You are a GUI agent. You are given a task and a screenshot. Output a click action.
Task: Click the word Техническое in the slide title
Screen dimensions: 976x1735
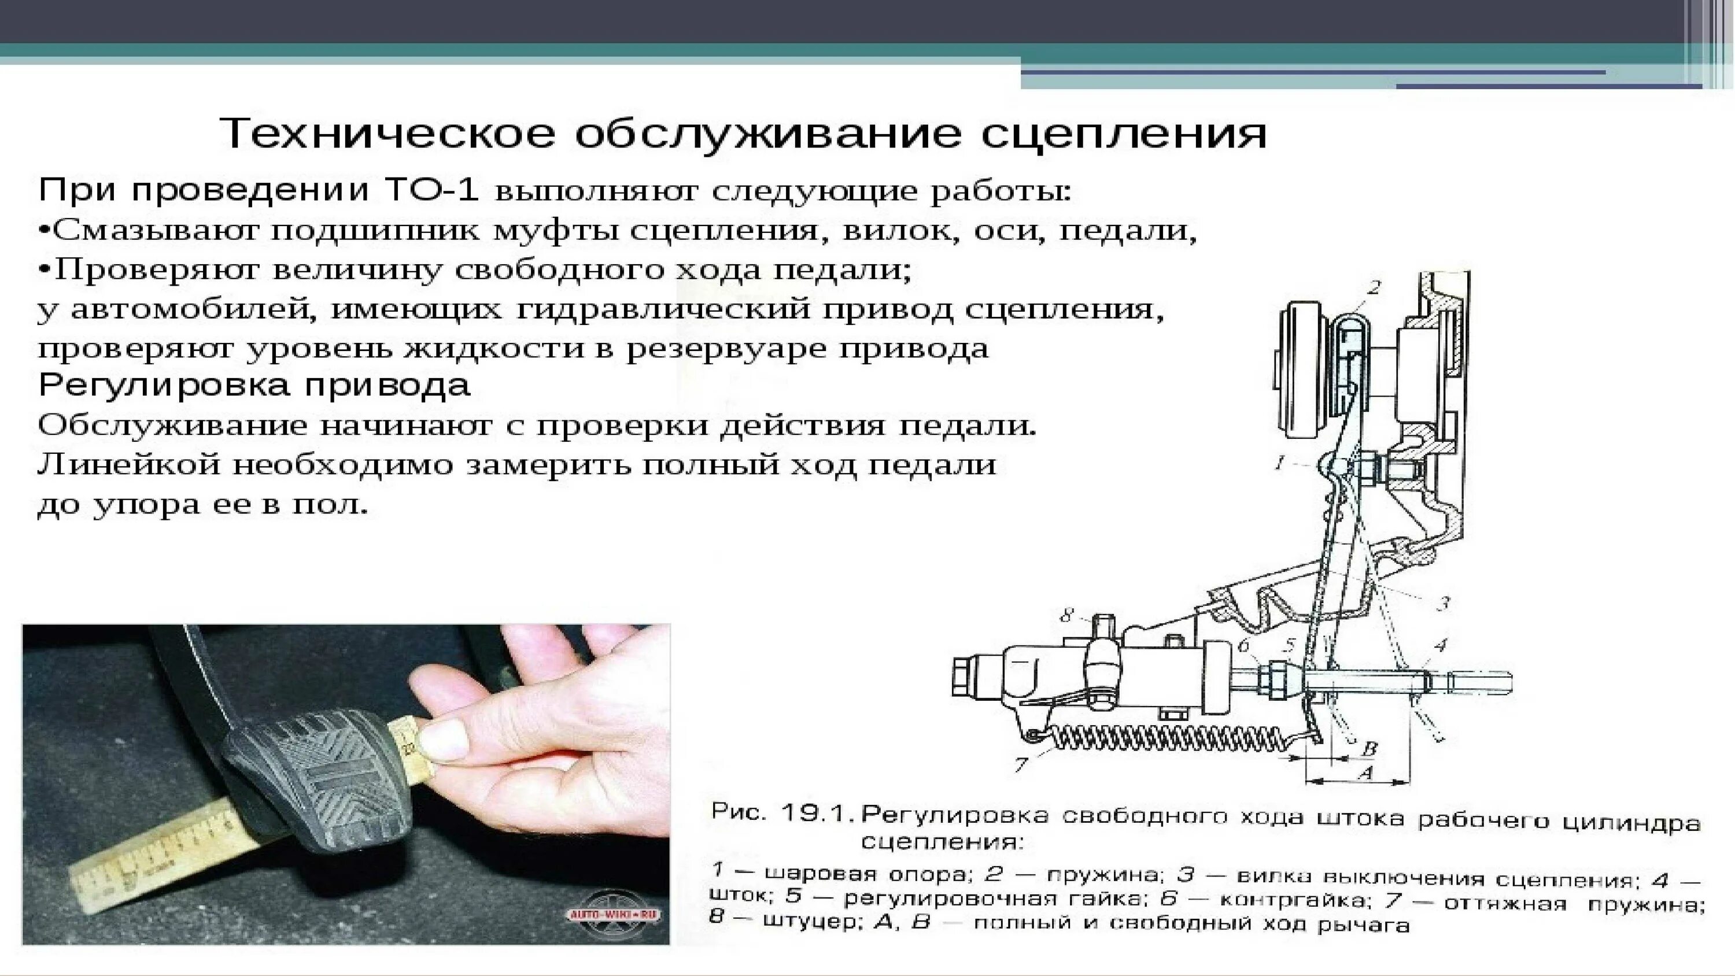(x=387, y=134)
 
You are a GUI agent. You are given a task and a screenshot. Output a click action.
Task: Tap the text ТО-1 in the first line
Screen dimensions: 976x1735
(x=431, y=191)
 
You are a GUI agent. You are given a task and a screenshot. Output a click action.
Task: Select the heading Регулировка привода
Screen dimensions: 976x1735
(x=254, y=385)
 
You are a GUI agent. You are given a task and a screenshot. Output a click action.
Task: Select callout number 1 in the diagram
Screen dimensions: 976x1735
(x=1280, y=463)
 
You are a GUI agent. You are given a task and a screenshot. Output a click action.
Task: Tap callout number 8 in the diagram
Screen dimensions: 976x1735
(x=1066, y=615)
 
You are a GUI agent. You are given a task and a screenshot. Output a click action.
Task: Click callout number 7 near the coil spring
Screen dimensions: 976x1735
(x=1020, y=764)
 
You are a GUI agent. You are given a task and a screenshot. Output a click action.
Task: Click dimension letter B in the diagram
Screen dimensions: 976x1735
(x=1369, y=748)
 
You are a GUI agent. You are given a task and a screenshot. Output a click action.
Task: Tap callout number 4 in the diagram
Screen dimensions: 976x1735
(x=1439, y=645)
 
